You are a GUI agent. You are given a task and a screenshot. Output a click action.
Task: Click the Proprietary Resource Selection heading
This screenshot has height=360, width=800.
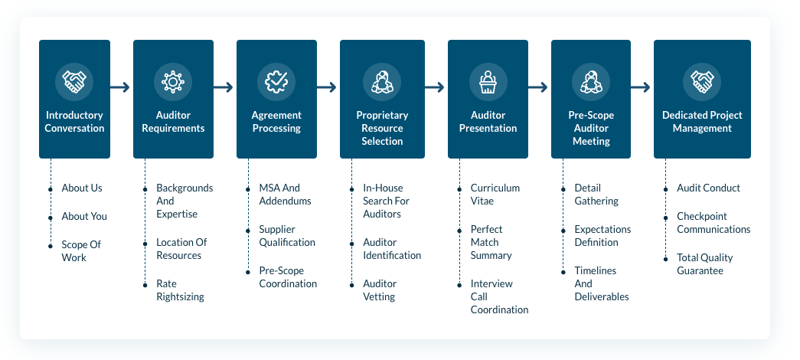coord(382,128)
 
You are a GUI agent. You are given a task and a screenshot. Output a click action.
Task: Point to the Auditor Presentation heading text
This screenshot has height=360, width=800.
coord(488,122)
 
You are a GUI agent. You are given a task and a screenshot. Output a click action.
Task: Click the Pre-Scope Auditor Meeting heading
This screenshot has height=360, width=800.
coord(591,128)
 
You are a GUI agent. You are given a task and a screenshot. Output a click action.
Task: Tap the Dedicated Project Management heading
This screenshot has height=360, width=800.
coord(702,122)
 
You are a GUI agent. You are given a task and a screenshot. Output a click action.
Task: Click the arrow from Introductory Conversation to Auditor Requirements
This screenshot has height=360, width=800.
coord(121,87)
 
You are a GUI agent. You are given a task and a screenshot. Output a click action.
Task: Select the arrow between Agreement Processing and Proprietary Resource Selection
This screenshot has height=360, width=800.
coord(326,87)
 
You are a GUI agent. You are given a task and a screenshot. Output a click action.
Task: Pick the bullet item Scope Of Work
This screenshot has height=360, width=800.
coord(81,251)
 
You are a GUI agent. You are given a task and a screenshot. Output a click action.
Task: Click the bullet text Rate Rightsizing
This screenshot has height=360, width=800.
coord(180,290)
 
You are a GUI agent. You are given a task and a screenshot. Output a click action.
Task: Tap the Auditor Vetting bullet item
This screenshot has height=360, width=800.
coord(379,290)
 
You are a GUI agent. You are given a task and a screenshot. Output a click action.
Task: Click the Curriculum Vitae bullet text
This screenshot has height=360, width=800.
coord(495,195)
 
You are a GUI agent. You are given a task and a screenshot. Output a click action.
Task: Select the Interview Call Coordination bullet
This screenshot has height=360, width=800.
coord(499,296)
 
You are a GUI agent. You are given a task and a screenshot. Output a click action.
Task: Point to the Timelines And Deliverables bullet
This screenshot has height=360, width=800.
coord(601,283)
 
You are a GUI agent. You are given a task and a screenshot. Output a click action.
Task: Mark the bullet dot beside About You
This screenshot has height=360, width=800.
coord(51,217)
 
